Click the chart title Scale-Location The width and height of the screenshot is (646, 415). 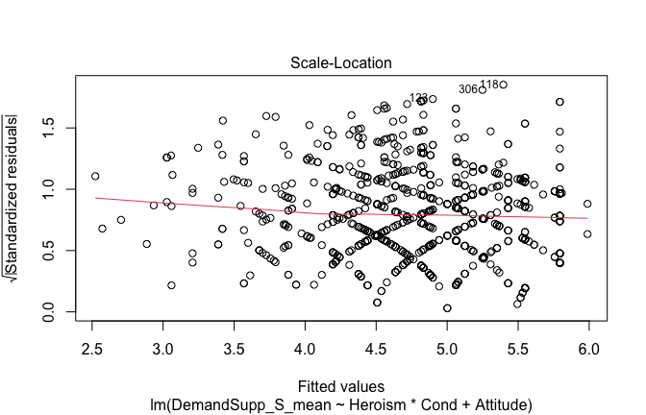(x=329, y=62)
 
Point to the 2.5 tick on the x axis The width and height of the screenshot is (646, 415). (x=92, y=345)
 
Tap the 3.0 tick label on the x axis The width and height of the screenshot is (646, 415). (x=163, y=345)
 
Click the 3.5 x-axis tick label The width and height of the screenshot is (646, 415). (x=235, y=345)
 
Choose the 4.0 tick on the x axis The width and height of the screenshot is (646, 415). (x=305, y=345)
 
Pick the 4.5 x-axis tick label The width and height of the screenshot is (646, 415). (x=376, y=345)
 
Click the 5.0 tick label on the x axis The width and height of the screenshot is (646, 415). (x=447, y=345)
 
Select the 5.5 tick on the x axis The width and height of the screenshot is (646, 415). (x=517, y=345)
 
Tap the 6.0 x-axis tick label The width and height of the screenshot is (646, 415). (x=588, y=345)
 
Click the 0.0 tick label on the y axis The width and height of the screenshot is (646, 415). (x=45, y=313)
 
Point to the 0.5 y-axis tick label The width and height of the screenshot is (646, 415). (x=45, y=252)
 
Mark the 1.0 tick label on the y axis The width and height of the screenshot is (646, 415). (x=45, y=190)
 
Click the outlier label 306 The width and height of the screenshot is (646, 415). (x=468, y=89)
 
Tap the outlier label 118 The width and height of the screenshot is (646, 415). (x=489, y=85)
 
